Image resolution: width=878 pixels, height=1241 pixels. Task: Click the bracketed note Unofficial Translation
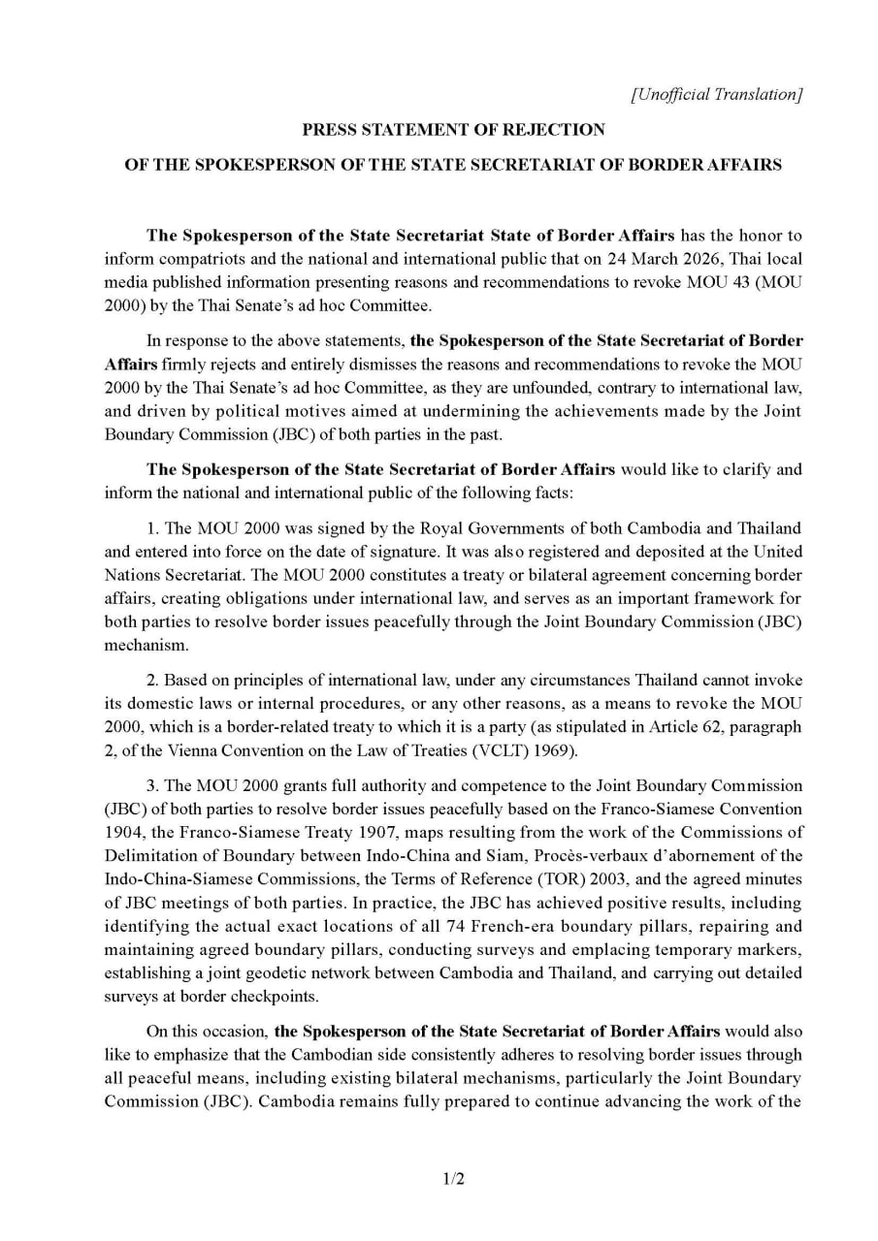pyautogui.click(x=716, y=94)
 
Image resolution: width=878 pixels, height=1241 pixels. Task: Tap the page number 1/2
pyautogui.click(x=454, y=1179)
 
